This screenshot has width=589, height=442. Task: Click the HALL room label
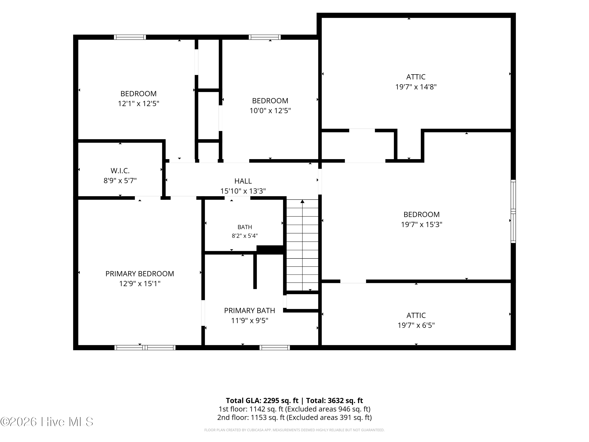click(243, 181)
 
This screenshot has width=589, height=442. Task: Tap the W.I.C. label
click(120, 171)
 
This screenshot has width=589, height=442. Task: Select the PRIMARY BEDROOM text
click(140, 274)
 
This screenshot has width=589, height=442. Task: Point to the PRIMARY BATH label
click(250, 311)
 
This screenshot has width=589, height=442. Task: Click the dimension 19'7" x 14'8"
click(416, 87)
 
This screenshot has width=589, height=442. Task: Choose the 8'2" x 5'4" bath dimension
click(245, 236)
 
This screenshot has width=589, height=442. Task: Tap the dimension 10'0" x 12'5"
click(270, 111)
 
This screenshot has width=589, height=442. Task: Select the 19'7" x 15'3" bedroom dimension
click(422, 225)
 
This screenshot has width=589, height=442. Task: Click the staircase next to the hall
click(302, 245)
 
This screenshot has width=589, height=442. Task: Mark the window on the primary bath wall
click(274, 348)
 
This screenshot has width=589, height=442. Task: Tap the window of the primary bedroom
click(145, 348)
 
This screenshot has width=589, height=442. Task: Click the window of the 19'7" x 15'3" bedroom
click(513, 211)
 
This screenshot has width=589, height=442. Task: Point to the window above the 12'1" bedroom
click(130, 37)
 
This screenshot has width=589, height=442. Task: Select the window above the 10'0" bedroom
click(265, 37)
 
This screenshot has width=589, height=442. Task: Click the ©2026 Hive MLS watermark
click(47, 422)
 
